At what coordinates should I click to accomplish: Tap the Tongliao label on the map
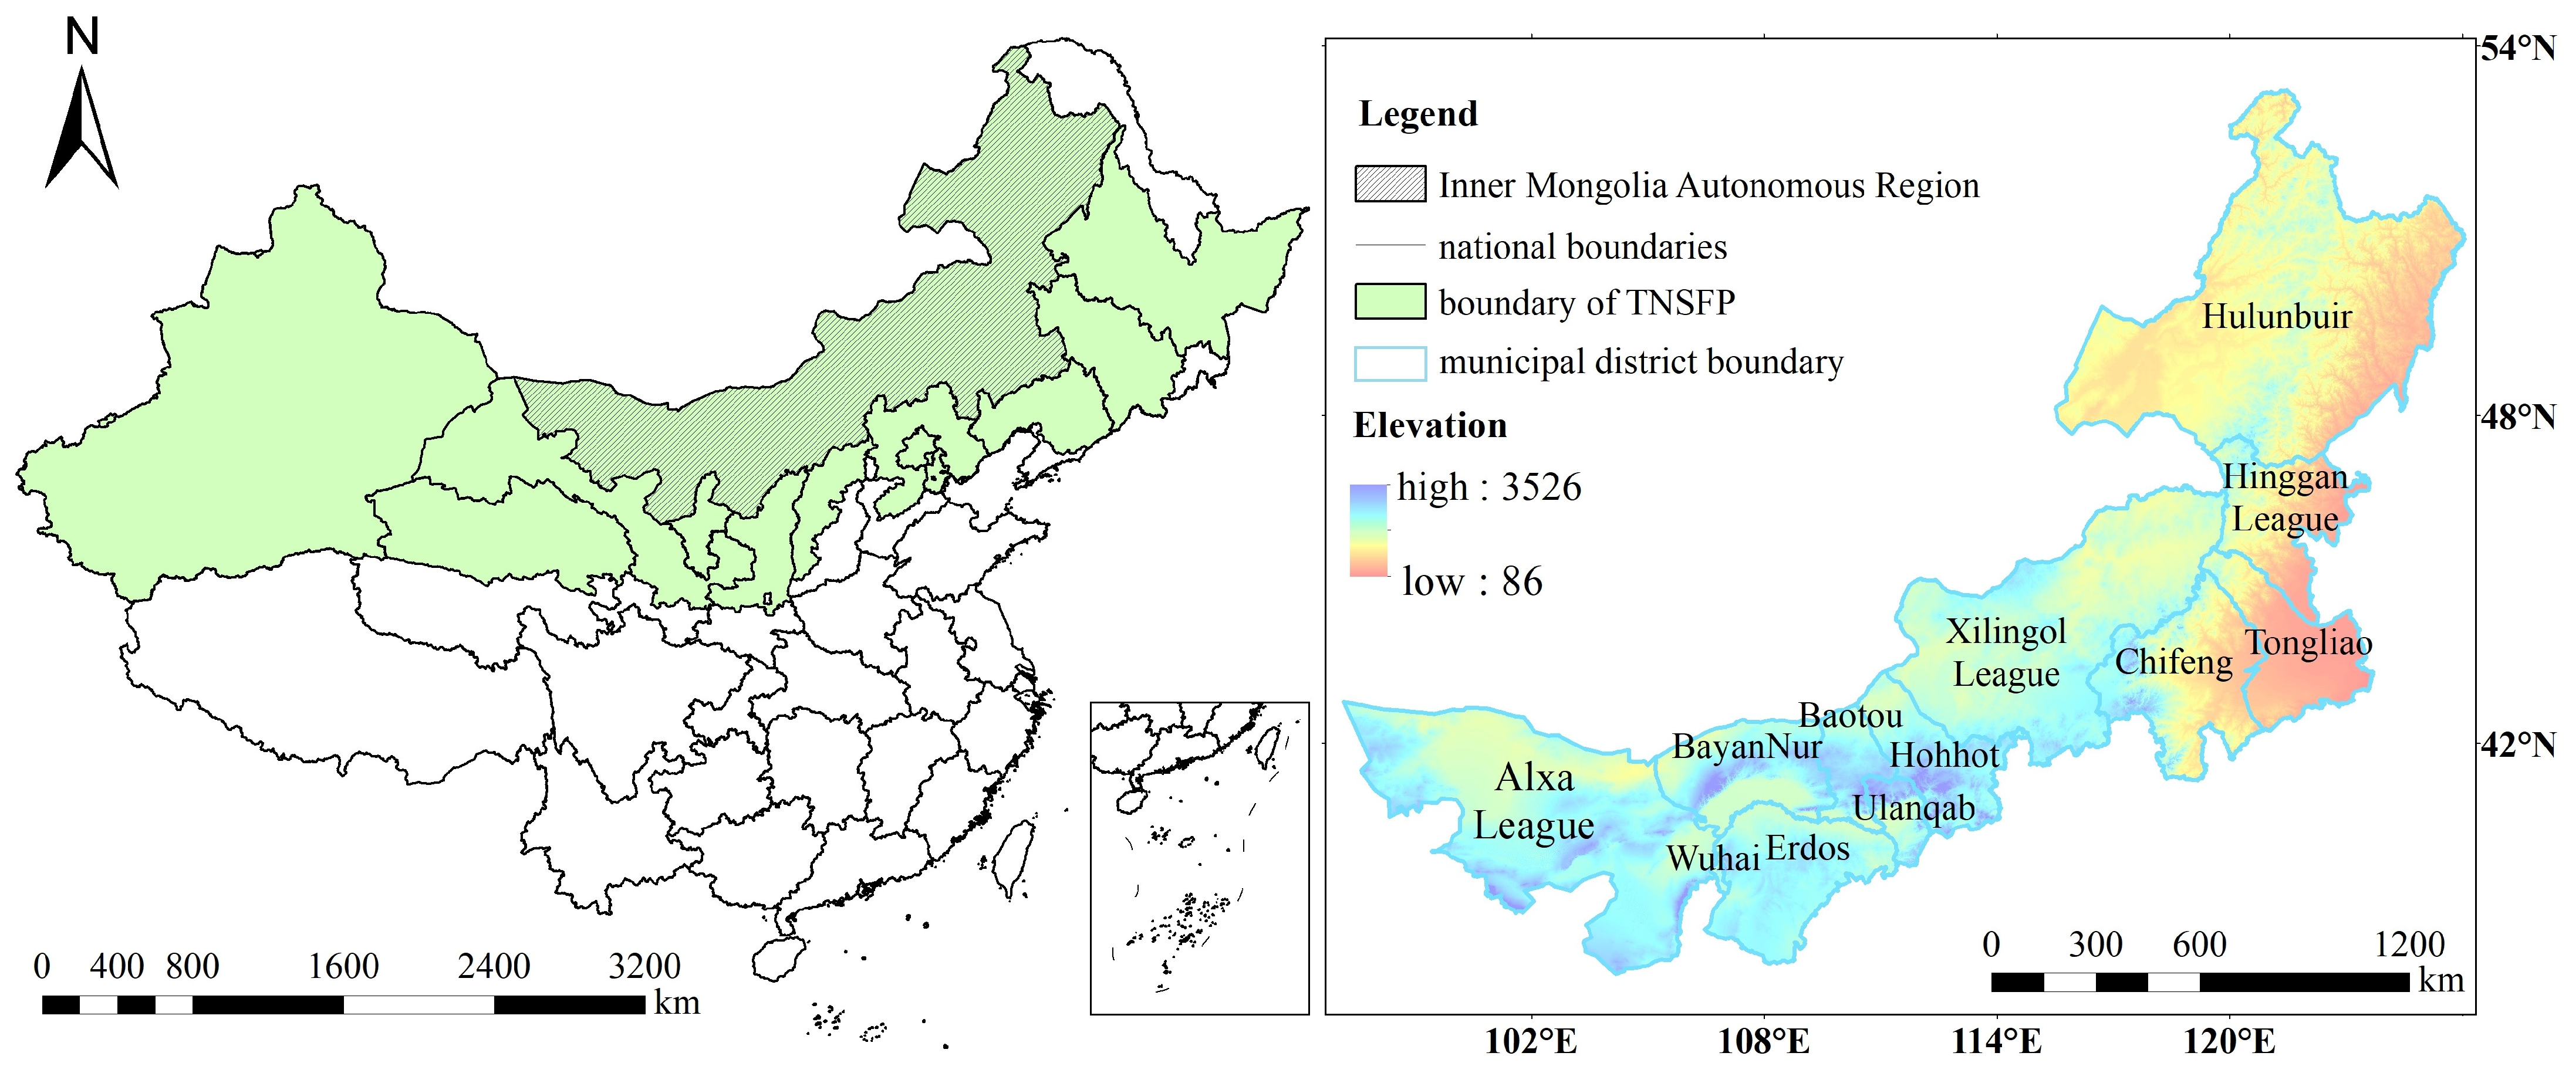2308,642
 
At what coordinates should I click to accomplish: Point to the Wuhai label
1712,858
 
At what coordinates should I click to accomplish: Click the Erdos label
1807,849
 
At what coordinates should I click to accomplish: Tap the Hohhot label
1944,755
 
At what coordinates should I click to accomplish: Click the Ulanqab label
1913,808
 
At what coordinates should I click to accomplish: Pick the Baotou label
1850,715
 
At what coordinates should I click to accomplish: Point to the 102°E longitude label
1531,1042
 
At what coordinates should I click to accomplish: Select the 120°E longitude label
2230,1042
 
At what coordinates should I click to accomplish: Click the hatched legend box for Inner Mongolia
1389,184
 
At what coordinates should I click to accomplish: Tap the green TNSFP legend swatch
1389,301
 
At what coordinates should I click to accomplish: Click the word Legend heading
1417,114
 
